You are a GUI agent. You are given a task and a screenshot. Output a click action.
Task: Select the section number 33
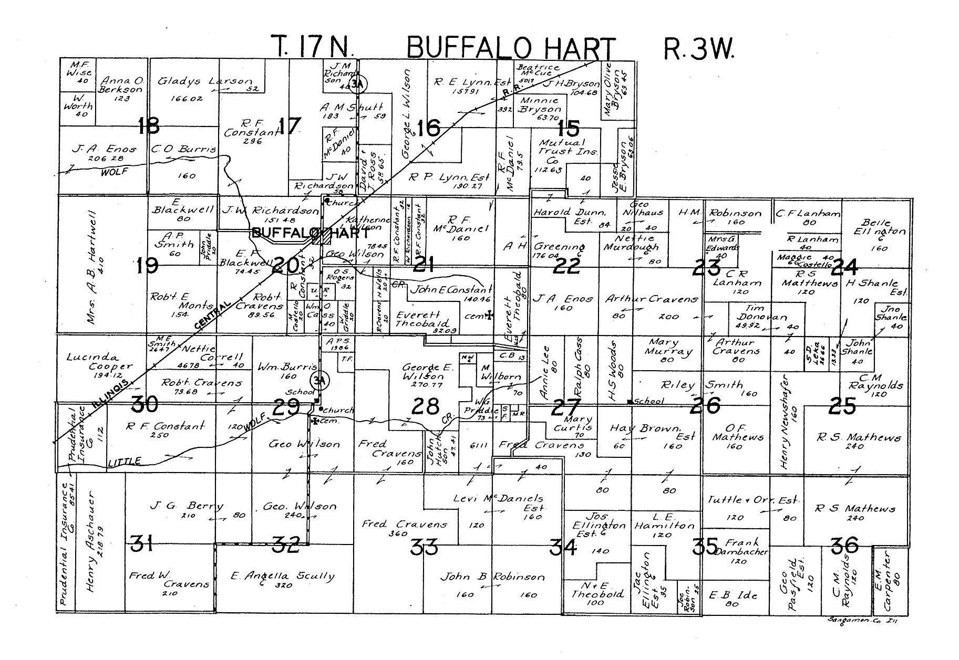click(424, 547)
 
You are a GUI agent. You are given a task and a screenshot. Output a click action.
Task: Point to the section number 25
click(843, 406)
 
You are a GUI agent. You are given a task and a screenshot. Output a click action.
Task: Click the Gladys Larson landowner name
click(205, 82)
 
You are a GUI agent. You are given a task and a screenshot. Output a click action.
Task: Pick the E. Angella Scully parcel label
click(283, 576)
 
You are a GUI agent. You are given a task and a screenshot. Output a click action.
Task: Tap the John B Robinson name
click(492, 577)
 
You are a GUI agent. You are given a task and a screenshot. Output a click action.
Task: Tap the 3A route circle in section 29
click(318, 379)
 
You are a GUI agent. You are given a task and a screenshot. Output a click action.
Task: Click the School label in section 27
click(649, 402)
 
